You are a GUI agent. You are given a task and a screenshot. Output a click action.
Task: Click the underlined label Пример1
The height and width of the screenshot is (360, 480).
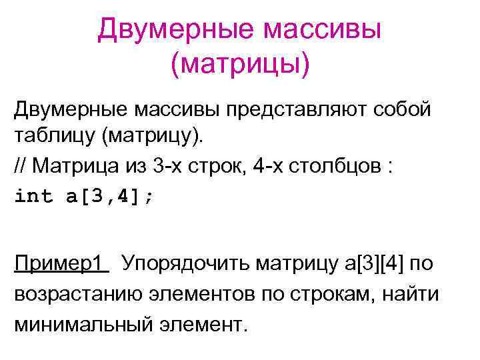tap(59, 263)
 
